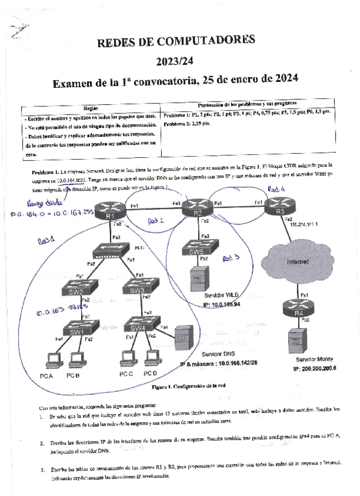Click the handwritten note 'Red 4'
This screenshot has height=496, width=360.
[x=276, y=188]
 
